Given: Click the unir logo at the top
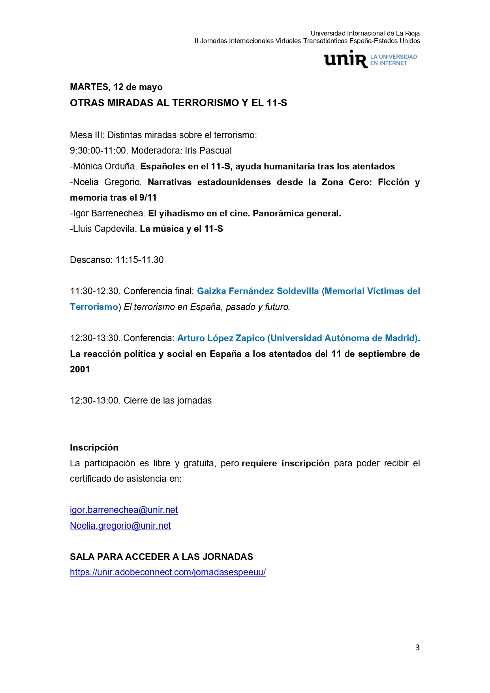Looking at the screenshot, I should point(370,60).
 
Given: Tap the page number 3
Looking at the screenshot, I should point(417,648).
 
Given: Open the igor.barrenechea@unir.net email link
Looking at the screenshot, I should point(124,510).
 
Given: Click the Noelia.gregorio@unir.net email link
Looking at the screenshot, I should point(120,526).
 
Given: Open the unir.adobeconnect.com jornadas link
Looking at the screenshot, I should point(168,572).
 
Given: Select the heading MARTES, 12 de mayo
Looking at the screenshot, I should point(116,87).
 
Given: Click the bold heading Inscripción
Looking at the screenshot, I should point(94,447).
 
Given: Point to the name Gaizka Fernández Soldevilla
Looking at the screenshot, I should point(257,291).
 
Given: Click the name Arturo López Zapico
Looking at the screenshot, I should point(221,338).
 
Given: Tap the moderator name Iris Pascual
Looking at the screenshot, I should point(208,150).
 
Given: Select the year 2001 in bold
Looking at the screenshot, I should point(80,369).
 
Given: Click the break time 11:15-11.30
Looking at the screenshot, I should point(139,260).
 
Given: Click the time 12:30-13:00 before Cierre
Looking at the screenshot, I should point(94,400).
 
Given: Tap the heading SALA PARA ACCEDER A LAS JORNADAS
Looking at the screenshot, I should point(161,557).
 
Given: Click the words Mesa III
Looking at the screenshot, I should point(86,135).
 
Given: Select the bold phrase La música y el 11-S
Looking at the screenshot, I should point(181,229).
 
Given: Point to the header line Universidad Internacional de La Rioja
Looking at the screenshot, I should point(365,33).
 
